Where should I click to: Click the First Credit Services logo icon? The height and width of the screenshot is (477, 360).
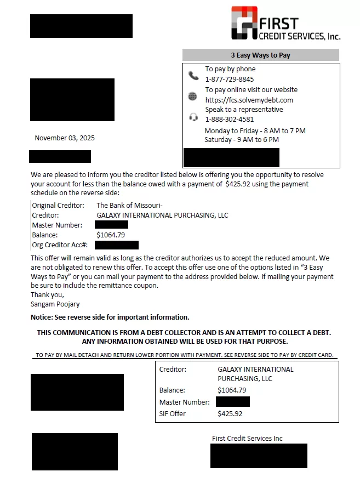point(244,23)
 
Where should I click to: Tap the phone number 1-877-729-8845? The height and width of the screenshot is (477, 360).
point(229,79)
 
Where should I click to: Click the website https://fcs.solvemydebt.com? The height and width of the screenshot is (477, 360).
point(249,100)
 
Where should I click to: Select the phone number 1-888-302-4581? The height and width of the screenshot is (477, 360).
point(229,119)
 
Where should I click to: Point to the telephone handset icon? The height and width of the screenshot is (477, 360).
point(193,76)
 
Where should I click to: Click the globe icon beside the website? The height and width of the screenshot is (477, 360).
point(192,96)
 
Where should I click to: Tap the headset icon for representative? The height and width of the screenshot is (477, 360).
point(193,117)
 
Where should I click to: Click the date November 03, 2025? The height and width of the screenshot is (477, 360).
point(65,138)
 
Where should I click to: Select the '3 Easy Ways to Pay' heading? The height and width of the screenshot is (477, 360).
point(260,55)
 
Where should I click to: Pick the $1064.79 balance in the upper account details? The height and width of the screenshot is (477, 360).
point(111,235)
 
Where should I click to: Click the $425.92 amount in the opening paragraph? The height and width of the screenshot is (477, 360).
point(241,184)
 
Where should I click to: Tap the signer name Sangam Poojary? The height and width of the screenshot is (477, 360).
point(55,304)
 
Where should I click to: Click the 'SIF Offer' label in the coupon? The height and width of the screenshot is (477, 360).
point(172,414)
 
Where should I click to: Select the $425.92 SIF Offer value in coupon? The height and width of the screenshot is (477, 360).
point(230,414)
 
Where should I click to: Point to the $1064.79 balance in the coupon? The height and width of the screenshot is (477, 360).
point(232,390)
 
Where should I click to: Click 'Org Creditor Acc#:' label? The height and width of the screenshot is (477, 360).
point(60,245)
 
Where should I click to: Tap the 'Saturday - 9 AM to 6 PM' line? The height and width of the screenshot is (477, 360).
point(242,140)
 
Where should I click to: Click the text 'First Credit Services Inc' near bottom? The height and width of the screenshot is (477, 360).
point(247,439)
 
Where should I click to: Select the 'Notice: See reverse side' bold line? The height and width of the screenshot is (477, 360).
point(110,317)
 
